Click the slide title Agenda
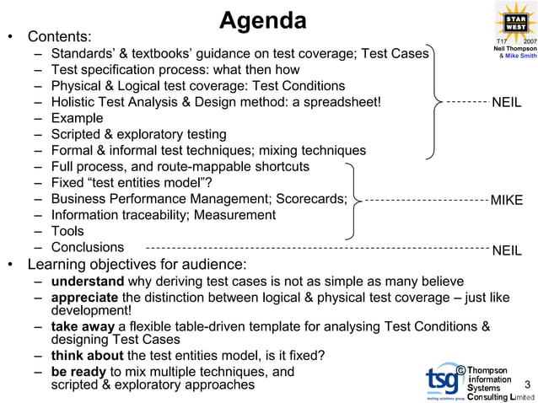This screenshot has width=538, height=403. [x=263, y=20]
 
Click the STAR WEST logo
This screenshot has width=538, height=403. [x=515, y=20]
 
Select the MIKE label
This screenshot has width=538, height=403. [x=507, y=200]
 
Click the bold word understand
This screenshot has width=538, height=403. [x=88, y=281]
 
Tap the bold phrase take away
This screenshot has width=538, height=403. [x=83, y=326]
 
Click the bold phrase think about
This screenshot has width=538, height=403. [x=86, y=355]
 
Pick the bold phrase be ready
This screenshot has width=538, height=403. [x=78, y=371]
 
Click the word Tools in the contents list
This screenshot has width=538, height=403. [x=67, y=231]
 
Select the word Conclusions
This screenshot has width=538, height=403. [x=88, y=248]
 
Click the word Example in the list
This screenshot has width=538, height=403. [x=77, y=118]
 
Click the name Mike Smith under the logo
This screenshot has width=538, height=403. [x=519, y=56]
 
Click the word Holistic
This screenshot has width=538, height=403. [x=76, y=102]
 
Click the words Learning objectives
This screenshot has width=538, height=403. [x=93, y=264]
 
